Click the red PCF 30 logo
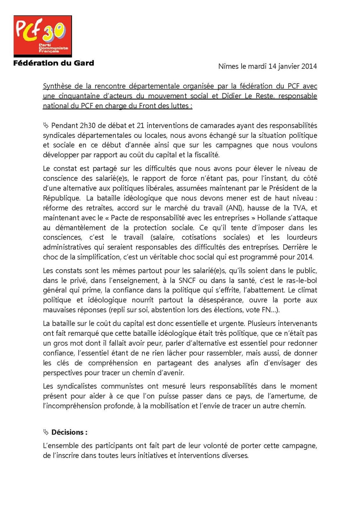[x=42, y=36]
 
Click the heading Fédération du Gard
[x=53, y=63]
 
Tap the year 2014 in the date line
[x=309, y=66]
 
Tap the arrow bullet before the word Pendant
[x=46, y=126]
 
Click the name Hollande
[x=270, y=218]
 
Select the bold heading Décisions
[x=69, y=432]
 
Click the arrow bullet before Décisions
[x=46, y=432]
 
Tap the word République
[x=61, y=198]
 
